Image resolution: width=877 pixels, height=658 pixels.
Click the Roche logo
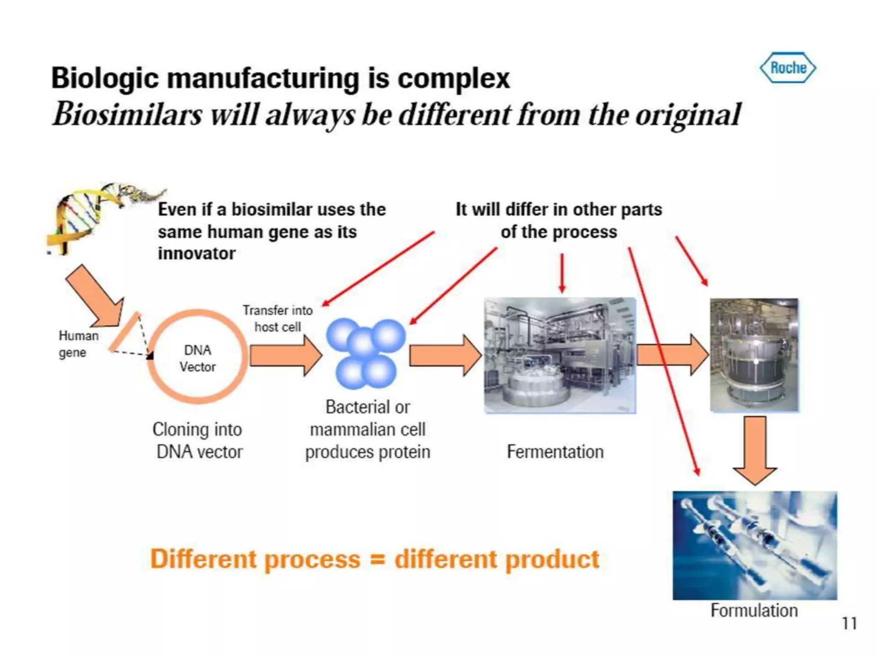788,68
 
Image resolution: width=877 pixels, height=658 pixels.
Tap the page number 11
849,623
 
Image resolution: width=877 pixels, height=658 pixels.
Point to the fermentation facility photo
560,356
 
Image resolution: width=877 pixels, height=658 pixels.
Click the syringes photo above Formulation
755,545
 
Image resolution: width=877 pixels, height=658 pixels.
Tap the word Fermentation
555,452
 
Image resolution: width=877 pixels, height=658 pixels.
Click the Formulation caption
754,610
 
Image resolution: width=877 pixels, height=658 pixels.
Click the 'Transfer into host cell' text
277,318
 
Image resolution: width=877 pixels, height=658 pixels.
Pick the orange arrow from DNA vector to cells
285,356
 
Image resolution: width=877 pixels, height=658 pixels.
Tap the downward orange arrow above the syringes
755,450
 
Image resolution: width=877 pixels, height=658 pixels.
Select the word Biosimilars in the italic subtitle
127,115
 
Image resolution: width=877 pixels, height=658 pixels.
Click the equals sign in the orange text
377,559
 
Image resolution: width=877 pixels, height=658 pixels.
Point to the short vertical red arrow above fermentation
562,273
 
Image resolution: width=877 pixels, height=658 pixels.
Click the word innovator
197,254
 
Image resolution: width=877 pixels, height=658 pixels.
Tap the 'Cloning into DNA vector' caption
198,440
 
